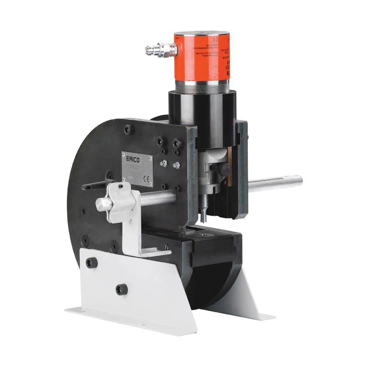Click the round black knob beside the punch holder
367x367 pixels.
tap(225, 169)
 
